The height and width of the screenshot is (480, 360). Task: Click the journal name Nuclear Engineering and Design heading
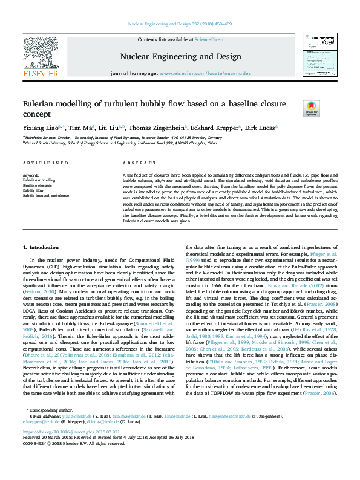(180, 56)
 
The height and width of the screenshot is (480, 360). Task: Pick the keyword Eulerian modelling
(39, 180)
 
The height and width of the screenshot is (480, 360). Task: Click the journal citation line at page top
(180, 24)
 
